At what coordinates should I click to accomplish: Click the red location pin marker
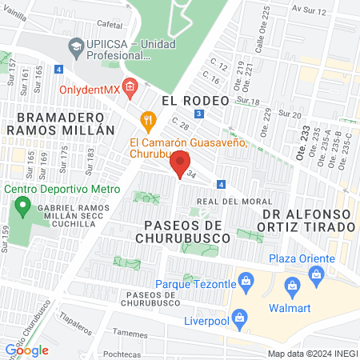pos(180,162)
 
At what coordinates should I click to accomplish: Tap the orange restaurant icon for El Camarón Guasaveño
pos(147,121)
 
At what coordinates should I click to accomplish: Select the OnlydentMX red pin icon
pos(130,86)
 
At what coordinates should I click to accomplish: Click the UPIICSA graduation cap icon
pos(76,45)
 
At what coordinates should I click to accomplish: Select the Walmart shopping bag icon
pos(292,283)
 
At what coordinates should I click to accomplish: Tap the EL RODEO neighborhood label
pos(194,101)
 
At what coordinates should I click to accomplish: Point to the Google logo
pos(27,350)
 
